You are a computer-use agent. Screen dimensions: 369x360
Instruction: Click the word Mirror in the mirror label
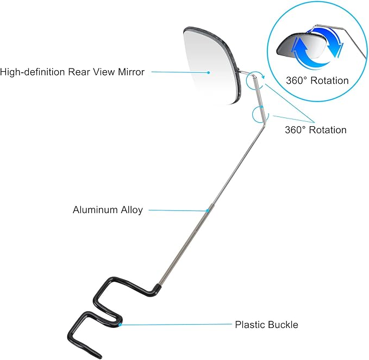[132, 72]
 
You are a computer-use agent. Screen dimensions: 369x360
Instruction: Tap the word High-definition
[33, 72]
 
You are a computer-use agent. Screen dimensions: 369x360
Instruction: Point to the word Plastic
[249, 325]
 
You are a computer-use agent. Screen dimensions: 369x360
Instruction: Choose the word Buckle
[283, 325]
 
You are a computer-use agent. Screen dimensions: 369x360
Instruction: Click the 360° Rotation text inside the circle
[317, 80]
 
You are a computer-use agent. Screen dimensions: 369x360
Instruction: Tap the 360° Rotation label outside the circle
[316, 130]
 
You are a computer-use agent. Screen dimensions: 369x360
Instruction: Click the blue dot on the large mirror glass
[208, 72]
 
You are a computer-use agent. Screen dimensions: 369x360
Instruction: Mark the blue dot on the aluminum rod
[208, 210]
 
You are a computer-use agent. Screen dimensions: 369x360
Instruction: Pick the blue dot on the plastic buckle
[120, 325]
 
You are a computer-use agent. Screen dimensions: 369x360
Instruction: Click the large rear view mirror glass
[212, 67]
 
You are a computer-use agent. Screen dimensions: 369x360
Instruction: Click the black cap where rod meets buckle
[157, 288]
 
